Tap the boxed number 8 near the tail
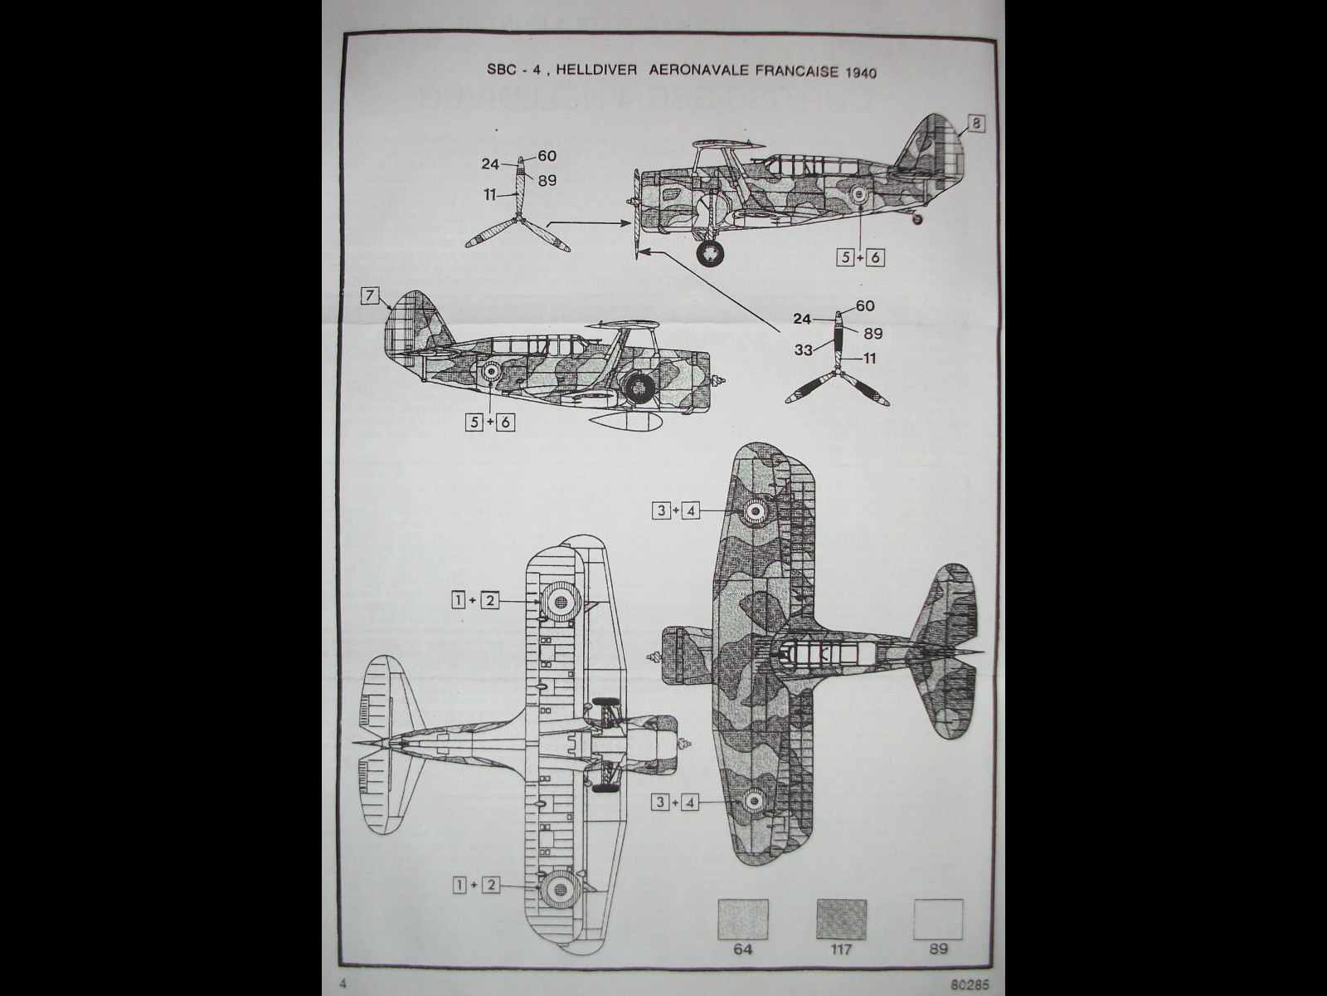tap(976, 124)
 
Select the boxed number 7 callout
tap(370, 296)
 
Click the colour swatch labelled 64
tap(742, 919)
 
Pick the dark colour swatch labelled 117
tap(841, 919)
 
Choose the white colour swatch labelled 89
tap(938, 919)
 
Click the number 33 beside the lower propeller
tap(803, 350)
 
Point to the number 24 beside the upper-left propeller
tap(489, 164)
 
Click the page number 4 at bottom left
tap(342, 984)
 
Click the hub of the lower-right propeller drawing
tap(839, 375)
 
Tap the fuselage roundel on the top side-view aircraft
tap(859, 195)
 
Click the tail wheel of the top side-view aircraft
tap(916, 219)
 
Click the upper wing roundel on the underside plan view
tap(559, 601)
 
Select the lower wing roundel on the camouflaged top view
tap(754, 800)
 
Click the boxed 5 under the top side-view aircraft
tap(846, 257)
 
